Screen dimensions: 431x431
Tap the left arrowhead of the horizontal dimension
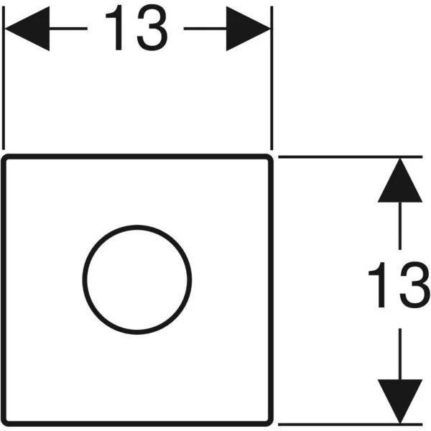point(27,28)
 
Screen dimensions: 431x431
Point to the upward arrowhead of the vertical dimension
point(400,180)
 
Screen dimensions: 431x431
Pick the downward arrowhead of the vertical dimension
point(400,402)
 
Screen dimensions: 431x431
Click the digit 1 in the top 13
point(116,27)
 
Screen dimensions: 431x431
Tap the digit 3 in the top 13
point(152,28)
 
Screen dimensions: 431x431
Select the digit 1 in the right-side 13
point(379,284)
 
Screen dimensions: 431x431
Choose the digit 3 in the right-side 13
point(415,285)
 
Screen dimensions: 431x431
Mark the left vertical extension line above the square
point(4,78)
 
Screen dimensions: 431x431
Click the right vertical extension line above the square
point(272,78)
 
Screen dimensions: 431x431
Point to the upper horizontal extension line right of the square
point(351,157)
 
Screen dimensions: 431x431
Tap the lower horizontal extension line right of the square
point(351,425)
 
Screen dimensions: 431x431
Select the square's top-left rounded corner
point(4,157)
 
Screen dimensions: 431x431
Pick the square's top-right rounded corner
point(270,157)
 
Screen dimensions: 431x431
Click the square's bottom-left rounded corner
point(4,423)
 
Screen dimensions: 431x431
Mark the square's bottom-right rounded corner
point(270,423)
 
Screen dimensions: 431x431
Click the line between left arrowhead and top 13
point(68,28)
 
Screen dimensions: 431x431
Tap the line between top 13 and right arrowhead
point(205,28)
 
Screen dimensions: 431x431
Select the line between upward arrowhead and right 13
point(400,226)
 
